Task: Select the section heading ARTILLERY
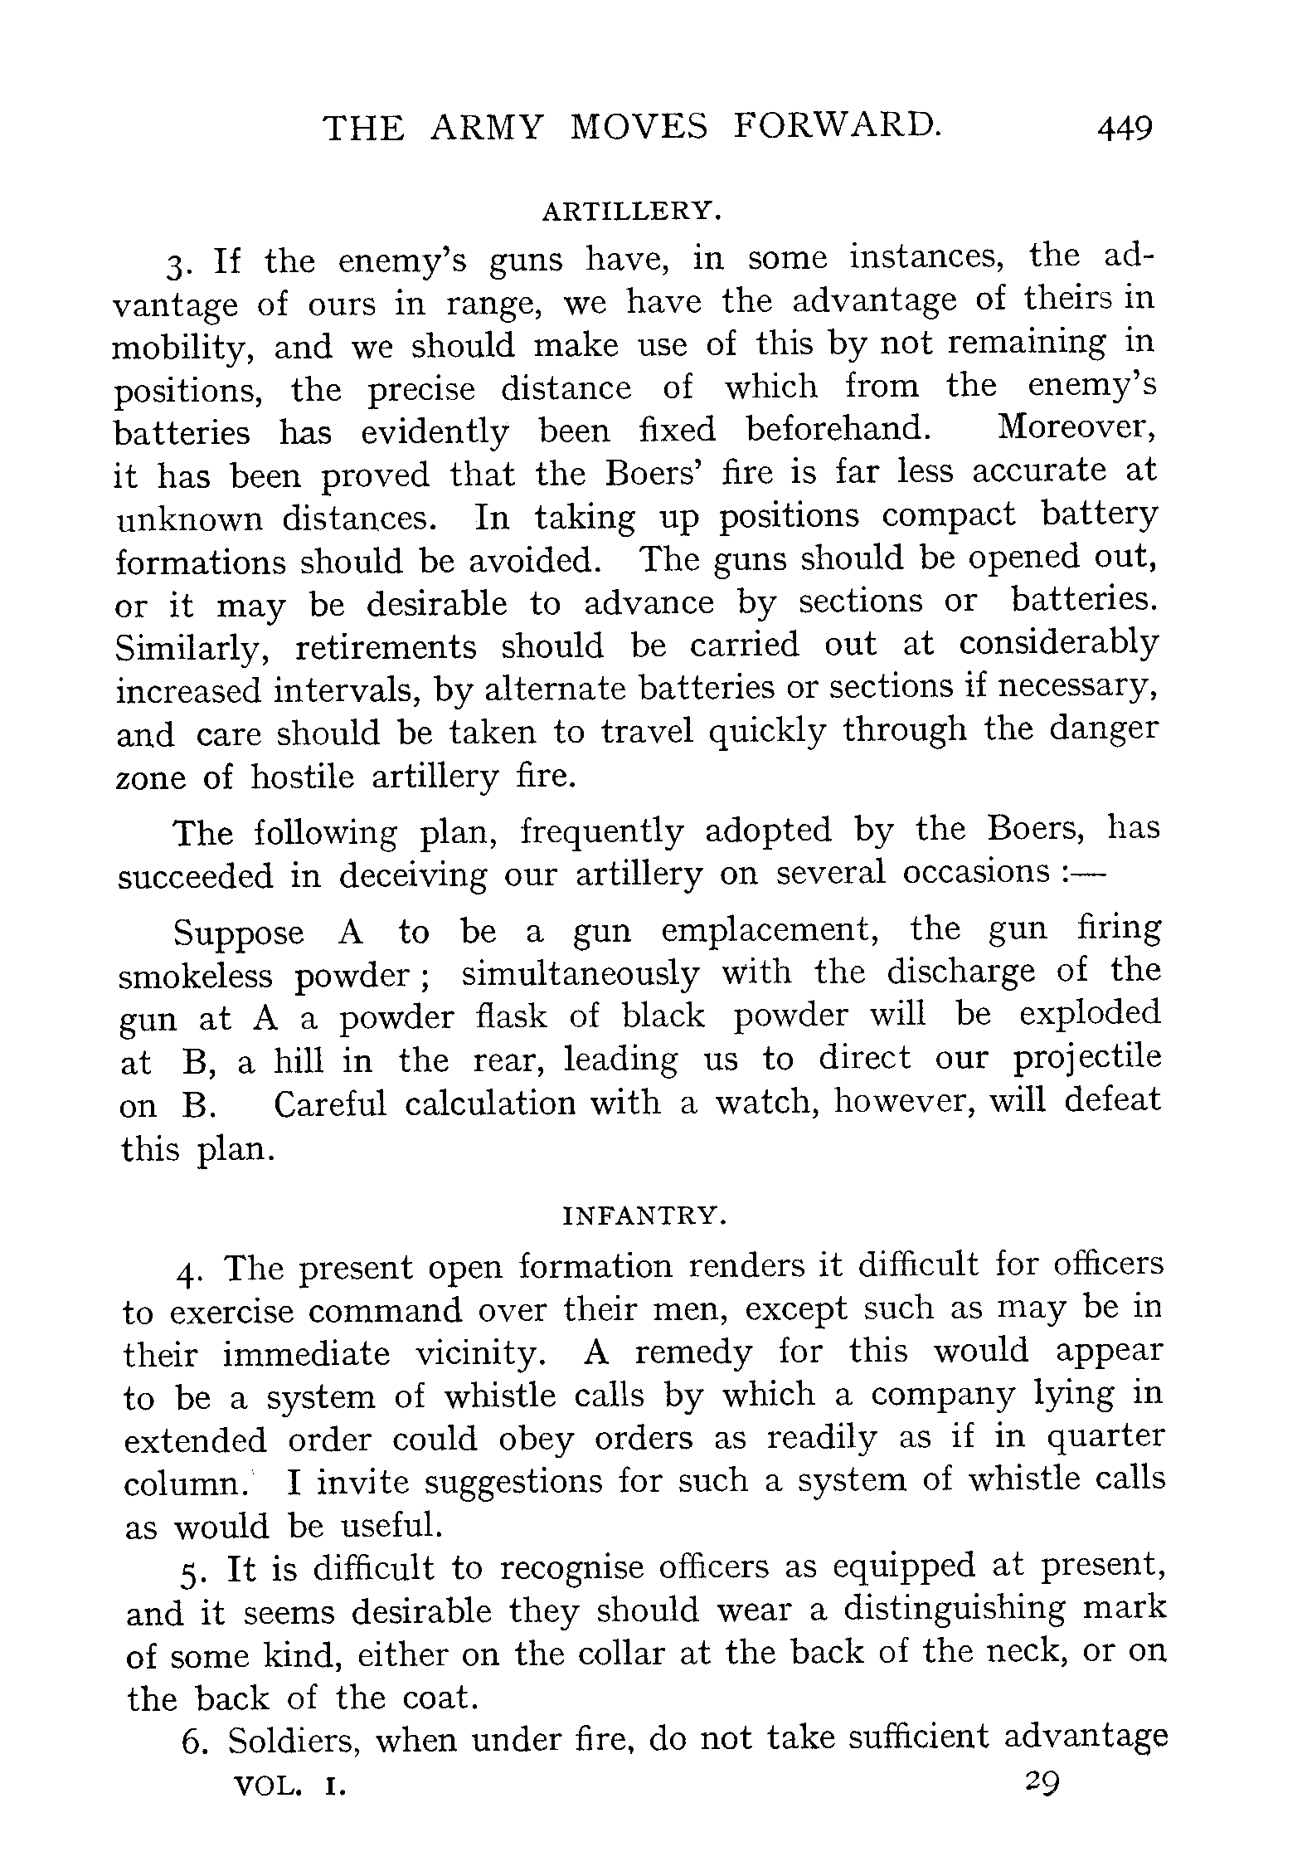coord(632,212)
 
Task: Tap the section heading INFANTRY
coord(644,1216)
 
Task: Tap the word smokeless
coord(196,977)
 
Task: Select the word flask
coord(512,1017)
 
